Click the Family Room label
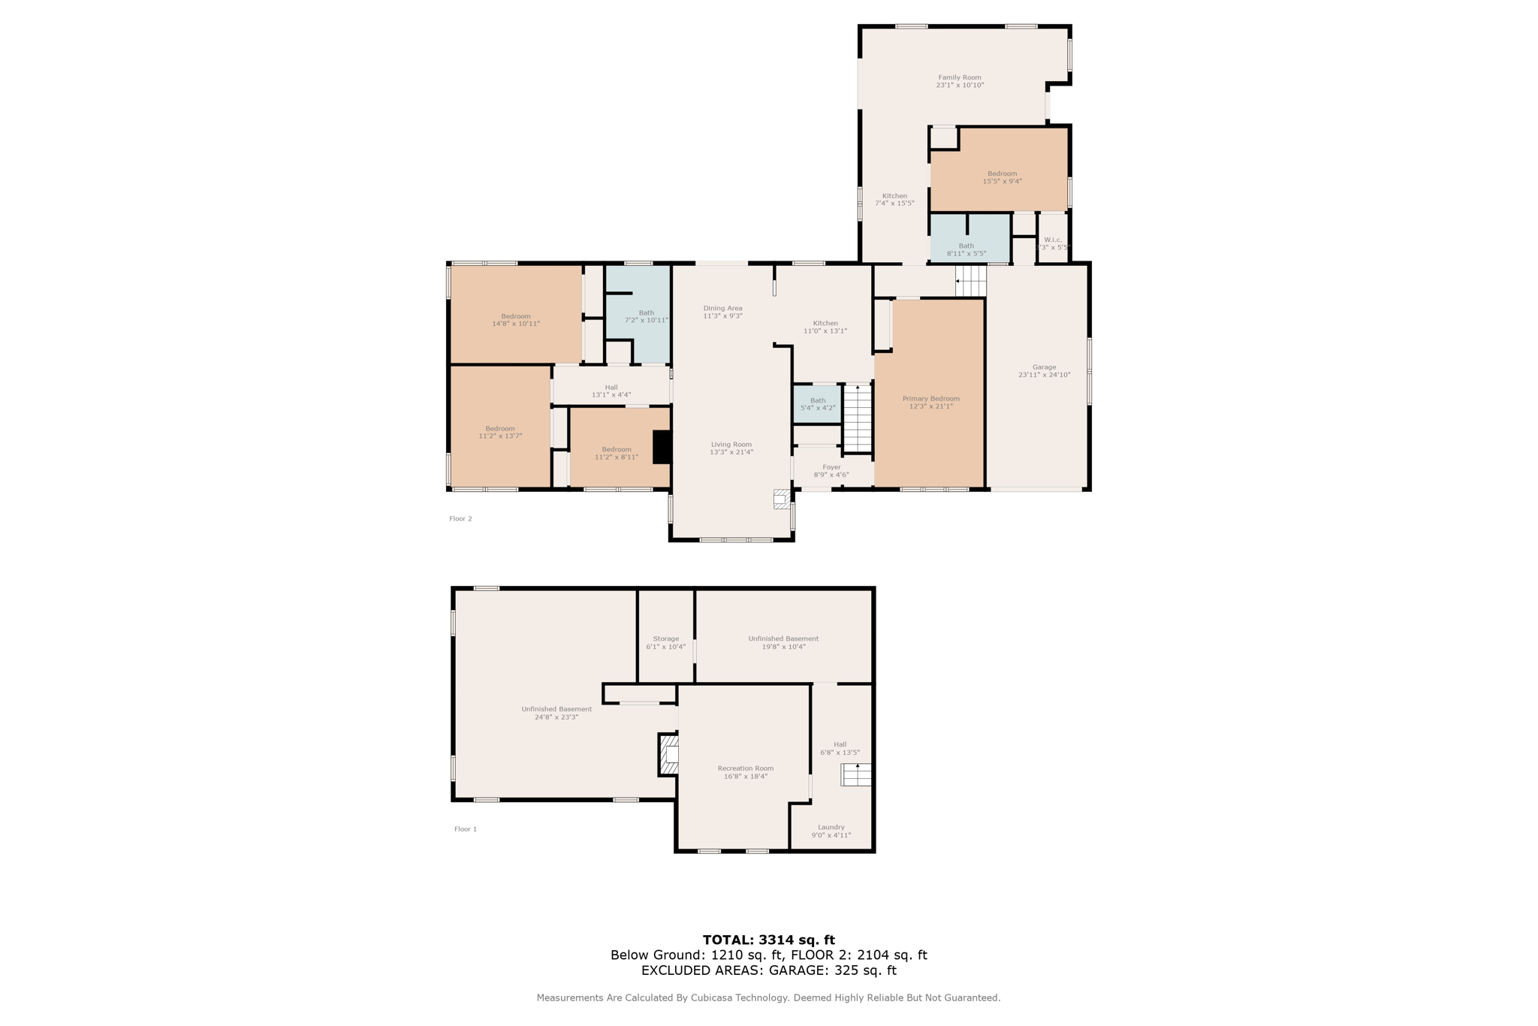click(x=959, y=77)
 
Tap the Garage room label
click(x=1043, y=367)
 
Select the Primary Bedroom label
click(x=930, y=399)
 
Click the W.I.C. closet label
click(x=1052, y=240)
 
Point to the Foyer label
click(x=831, y=467)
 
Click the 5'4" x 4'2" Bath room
click(x=817, y=404)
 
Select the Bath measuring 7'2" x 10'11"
click(x=646, y=316)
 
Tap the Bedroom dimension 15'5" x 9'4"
click(x=1002, y=181)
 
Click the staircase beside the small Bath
click(x=857, y=418)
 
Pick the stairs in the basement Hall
click(x=855, y=774)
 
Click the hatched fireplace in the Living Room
click(x=782, y=499)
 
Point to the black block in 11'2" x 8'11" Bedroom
click(x=662, y=447)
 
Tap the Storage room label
click(x=665, y=638)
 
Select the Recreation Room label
click(x=745, y=768)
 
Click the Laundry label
click(x=831, y=827)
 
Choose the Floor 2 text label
click(x=460, y=518)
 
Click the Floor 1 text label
click(x=465, y=829)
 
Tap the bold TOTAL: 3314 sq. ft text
click(x=768, y=940)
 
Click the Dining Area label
click(x=722, y=308)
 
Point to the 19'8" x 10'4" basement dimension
click(x=783, y=647)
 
